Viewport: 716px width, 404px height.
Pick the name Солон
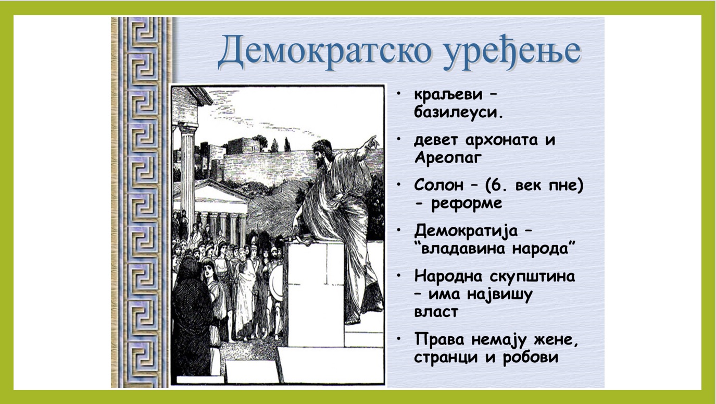click(x=438, y=185)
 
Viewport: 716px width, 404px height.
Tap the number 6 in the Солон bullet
click(x=495, y=185)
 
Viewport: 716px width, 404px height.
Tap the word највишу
click(x=500, y=295)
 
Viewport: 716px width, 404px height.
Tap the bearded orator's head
click(x=322, y=153)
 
